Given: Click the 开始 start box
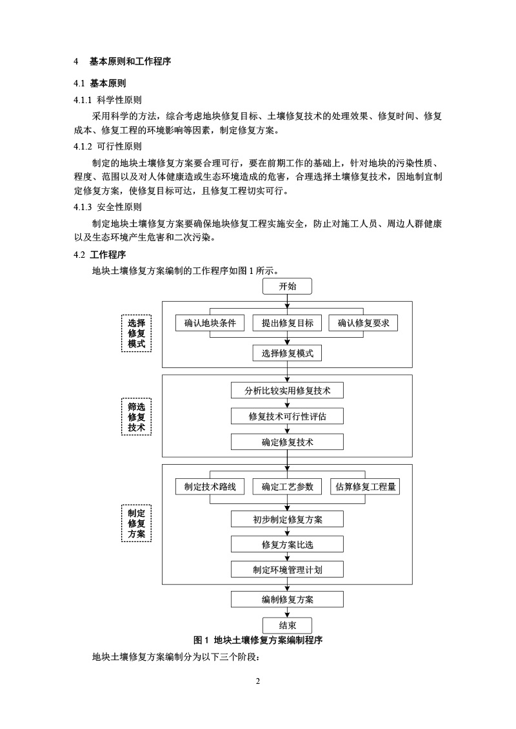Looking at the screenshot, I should pos(288,287).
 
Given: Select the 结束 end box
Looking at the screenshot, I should pos(288,625).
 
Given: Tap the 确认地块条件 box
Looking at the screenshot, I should pos(210,323).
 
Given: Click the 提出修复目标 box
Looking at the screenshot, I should pos(288,323).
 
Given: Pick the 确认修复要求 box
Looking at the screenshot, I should pos(363,323).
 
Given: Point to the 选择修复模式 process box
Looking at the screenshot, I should pos(288,353).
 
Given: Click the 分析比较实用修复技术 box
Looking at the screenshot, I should pos(288,391).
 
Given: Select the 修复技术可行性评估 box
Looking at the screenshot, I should pos(288,416).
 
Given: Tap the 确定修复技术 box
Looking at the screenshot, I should pos(288,442).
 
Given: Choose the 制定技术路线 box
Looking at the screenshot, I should pos(210,487).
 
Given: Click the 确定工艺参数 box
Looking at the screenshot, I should pos(288,487).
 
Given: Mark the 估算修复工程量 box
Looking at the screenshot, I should pos(365,487).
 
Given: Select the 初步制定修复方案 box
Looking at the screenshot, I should pos(288,519).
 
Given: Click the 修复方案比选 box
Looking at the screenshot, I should pos(288,545).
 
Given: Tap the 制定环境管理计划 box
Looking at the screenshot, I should pos(288,570).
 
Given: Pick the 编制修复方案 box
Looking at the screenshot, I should pos(288,599).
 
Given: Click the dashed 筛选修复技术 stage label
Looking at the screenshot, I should pos(137,417).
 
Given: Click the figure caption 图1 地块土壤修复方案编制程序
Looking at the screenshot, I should pos(258,641).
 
